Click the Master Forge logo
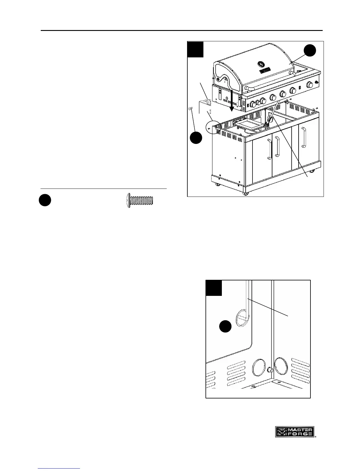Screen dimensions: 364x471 pyautogui.click(x=295, y=431)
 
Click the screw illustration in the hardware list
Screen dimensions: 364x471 pyautogui.click(x=140, y=200)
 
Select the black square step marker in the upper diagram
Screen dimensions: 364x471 pyautogui.click(x=196, y=49)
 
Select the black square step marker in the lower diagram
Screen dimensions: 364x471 pyautogui.click(x=214, y=288)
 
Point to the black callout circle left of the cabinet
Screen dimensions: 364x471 pyautogui.click(x=196, y=139)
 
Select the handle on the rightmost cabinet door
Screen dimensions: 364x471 pyautogui.click(x=303, y=137)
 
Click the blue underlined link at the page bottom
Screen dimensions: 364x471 pyautogui.click(x=59, y=469)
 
